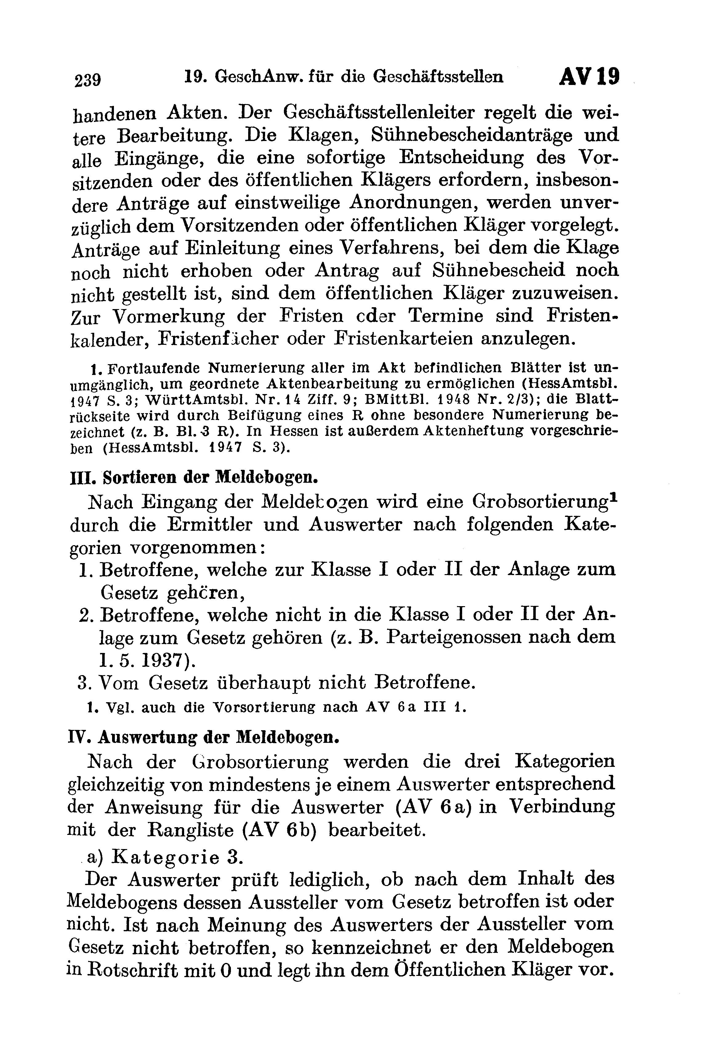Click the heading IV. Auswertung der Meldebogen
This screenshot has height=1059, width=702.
click(x=202, y=737)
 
